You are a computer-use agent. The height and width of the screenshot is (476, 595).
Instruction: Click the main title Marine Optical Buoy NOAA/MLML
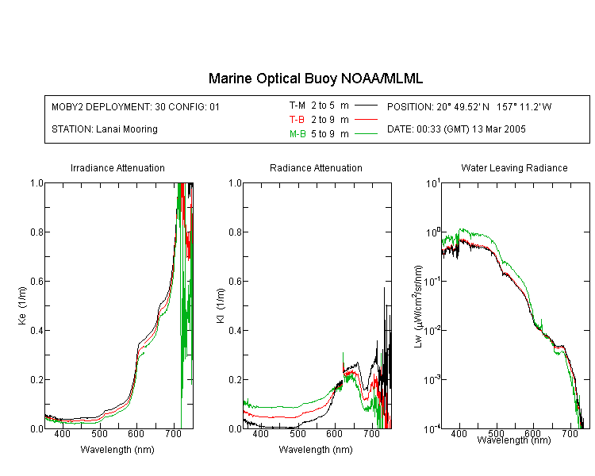click(x=316, y=79)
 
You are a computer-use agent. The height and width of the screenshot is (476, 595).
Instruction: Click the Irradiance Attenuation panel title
click(x=117, y=167)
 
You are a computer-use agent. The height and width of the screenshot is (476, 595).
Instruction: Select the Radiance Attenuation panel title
click(x=316, y=167)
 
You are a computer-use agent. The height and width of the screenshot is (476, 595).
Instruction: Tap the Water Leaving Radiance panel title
click(x=514, y=167)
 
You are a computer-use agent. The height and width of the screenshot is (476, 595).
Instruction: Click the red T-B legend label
click(x=297, y=120)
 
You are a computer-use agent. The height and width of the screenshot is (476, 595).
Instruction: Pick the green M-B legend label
click(x=297, y=134)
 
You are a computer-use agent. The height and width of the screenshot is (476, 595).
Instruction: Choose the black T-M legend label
click(x=297, y=106)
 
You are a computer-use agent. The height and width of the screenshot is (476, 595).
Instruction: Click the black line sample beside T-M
click(x=366, y=106)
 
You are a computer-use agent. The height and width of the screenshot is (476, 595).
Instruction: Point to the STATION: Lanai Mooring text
click(x=105, y=129)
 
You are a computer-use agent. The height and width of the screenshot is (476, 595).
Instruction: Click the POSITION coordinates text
click(x=470, y=106)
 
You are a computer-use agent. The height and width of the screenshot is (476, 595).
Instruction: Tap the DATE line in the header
click(x=456, y=129)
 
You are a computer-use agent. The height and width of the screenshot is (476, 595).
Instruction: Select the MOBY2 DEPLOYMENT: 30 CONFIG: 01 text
click(x=136, y=106)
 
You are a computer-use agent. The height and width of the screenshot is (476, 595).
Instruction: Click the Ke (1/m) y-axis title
click(x=22, y=305)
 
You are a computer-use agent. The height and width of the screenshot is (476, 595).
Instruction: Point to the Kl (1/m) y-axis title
click(x=221, y=305)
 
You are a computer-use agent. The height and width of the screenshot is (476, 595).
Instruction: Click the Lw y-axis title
click(x=418, y=306)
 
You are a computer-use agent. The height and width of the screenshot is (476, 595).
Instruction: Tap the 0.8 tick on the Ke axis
click(x=36, y=232)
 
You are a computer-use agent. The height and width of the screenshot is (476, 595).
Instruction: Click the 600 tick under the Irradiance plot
click(x=136, y=434)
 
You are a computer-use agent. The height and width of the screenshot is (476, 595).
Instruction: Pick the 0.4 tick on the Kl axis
click(x=236, y=330)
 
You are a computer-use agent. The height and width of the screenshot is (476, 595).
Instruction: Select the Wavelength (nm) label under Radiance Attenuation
click(x=316, y=450)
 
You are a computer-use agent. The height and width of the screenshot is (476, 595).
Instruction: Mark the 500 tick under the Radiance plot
click(x=297, y=434)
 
